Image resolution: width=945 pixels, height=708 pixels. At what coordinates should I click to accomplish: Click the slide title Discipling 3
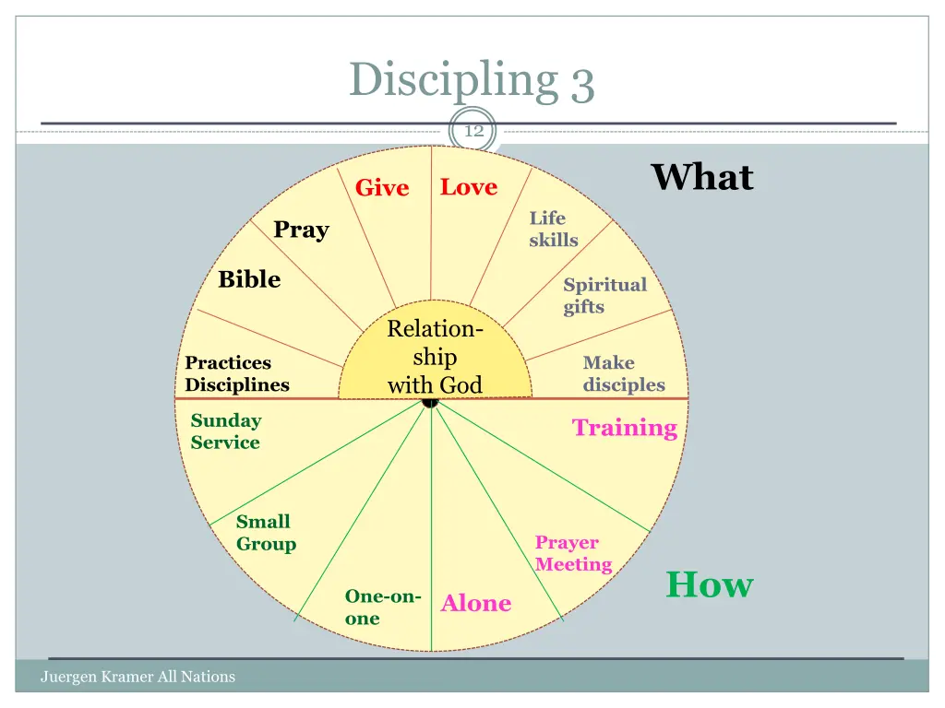pos(472,80)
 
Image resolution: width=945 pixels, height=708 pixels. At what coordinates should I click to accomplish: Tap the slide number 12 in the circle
pos(473,132)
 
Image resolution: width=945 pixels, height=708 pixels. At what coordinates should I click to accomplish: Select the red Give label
pos(382,188)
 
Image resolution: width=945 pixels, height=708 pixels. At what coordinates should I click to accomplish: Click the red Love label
pos(469,187)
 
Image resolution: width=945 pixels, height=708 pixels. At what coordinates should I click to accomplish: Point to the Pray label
pos(301,230)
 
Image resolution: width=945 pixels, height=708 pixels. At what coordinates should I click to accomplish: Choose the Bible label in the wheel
pos(249,279)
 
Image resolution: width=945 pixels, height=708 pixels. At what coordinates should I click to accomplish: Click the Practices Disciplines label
pos(237,374)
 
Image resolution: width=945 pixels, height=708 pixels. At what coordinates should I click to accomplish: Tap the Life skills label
pos(553,230)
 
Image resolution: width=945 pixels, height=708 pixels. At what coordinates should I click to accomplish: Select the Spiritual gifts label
pos(604,296)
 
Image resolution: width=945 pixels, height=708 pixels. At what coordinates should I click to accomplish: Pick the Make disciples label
pos(623,374)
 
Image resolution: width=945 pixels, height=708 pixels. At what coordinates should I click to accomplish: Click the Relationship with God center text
pos(435,357)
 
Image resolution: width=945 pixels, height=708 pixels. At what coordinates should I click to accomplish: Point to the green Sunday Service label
pos(226,431)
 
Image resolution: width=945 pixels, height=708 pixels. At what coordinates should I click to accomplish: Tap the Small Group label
pos(266,533)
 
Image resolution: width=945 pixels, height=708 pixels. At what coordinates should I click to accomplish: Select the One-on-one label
pos(382,608)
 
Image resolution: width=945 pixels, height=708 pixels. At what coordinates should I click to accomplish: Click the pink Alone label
pos(476,604)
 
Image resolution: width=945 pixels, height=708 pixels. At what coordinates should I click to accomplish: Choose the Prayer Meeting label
pos(573,553)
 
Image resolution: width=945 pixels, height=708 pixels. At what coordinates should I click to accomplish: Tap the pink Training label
pos(625,428)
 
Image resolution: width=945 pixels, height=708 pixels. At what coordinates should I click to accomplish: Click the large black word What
pos(702,177)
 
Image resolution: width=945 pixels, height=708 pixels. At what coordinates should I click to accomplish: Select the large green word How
pos(710,584)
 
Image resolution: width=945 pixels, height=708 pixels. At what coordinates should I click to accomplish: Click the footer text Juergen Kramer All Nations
pos(138,677)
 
